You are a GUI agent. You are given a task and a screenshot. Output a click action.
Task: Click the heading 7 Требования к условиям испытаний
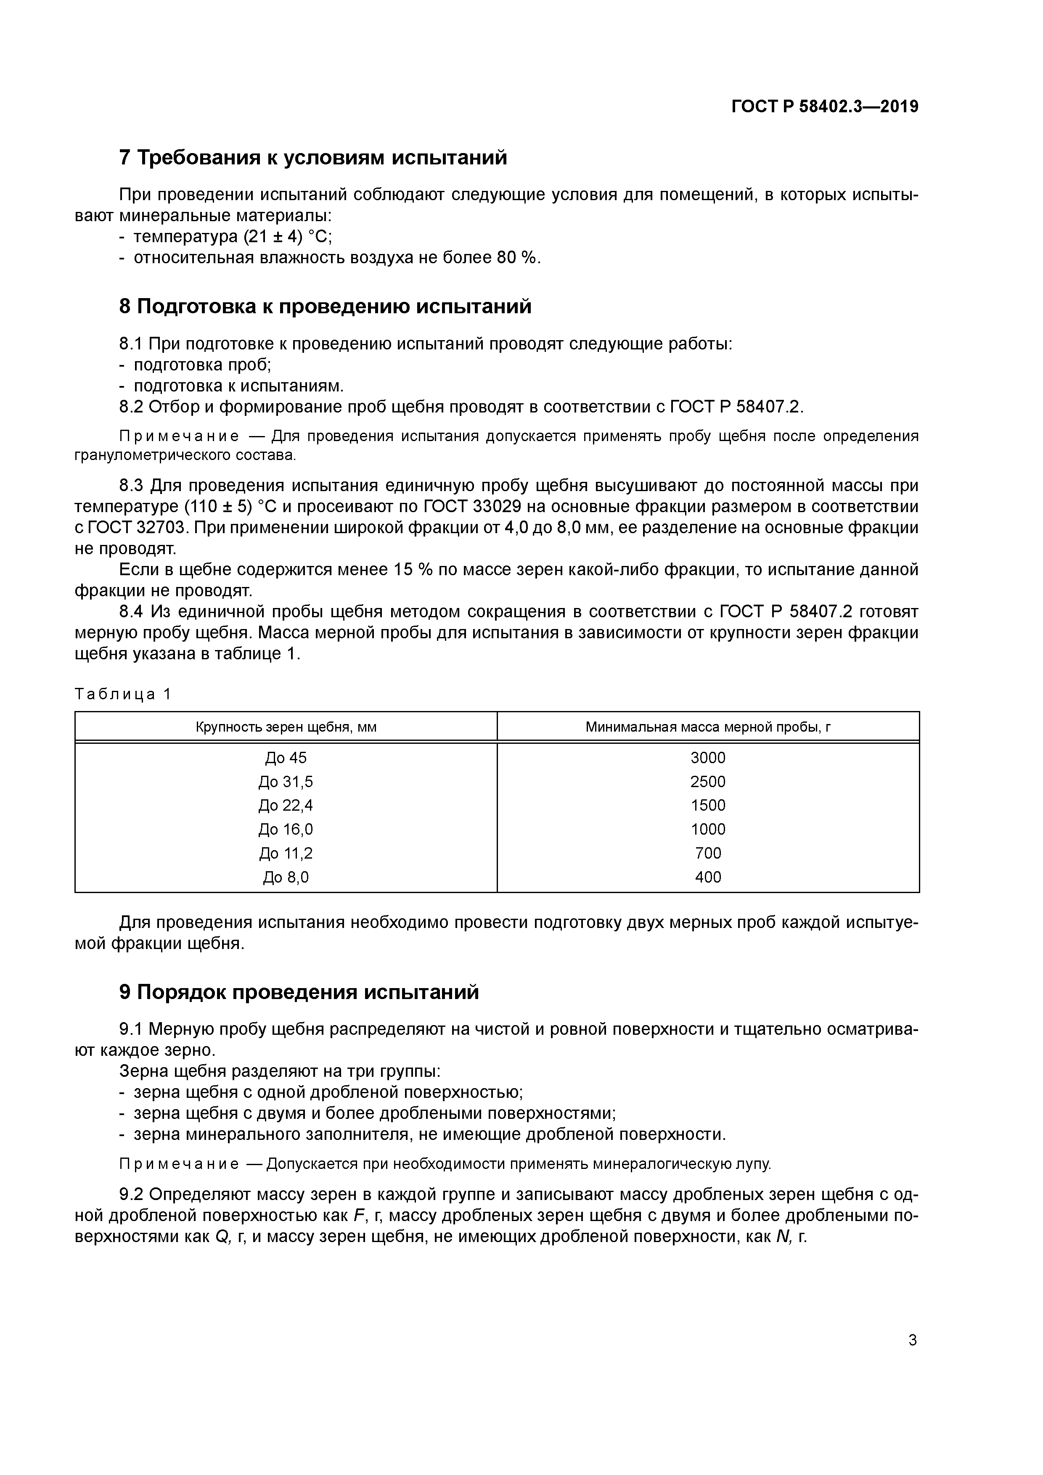(313, 157)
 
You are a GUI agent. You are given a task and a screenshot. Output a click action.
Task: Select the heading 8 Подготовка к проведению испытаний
(325, 307)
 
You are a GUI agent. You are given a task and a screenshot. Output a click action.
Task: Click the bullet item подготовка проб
(202, 365)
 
